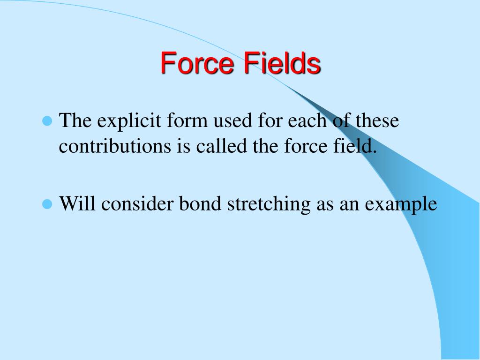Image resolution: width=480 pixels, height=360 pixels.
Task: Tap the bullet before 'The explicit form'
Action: tap(46, 121)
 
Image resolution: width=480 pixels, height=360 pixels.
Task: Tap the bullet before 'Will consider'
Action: tap(46, 204)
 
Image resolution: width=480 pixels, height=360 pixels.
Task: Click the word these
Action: tap(376, 121)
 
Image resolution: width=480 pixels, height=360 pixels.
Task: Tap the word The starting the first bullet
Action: tap(75, 121)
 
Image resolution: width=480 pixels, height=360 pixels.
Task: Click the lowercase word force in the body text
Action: tap(300, 147)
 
